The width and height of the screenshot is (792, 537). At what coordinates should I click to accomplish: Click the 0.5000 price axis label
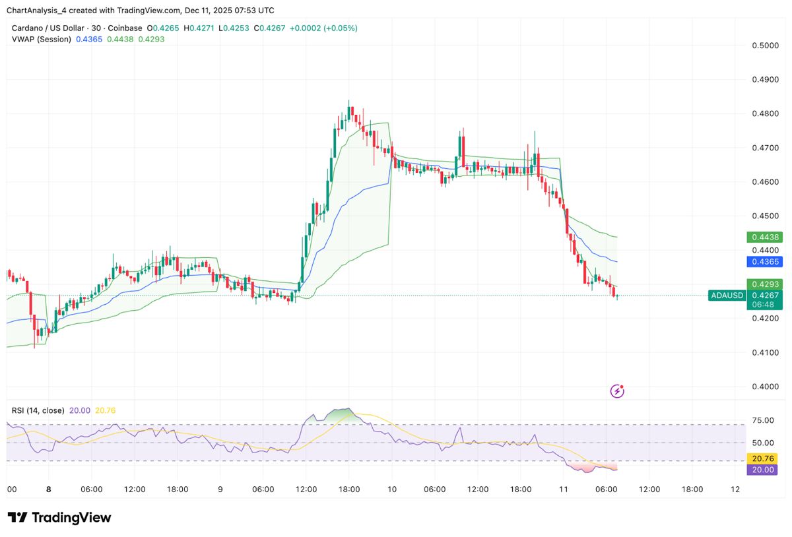click(765, 46)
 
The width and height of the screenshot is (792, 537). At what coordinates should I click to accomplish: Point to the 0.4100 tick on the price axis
click(765, 352)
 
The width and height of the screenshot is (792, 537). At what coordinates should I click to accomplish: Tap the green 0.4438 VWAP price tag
click(764, 237)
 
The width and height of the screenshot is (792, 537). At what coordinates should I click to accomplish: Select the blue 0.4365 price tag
click(764, 262)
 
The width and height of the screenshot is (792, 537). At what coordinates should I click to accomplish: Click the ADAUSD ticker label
click(727, 296)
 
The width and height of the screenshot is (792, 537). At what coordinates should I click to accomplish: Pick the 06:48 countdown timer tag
click(764, 305)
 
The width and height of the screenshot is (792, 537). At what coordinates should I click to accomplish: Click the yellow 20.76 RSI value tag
click(764, 458)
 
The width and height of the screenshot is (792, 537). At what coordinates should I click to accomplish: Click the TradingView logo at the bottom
click(59, 518)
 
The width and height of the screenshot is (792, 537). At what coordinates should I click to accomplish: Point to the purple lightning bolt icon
click(617, 391)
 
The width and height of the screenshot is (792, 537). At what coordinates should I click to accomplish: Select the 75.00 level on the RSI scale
click(762, 420)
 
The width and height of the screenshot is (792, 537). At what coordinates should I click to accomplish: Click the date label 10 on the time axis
click(392, 490)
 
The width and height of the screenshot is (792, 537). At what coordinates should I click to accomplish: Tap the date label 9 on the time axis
click(220, 490)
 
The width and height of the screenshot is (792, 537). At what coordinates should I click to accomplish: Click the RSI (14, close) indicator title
click(38, 410)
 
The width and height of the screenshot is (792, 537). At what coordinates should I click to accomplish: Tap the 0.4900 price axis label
click(765, 80)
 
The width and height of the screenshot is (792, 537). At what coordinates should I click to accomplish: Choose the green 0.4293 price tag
click(764, 284)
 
